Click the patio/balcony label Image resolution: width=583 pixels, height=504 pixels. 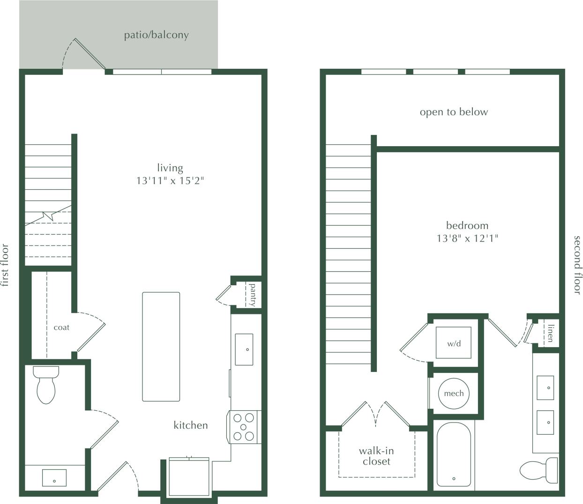[x=156, y=35]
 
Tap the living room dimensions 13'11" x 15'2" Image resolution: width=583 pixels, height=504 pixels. [x=170, y=181]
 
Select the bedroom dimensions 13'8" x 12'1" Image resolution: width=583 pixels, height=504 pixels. [x=467, y=238]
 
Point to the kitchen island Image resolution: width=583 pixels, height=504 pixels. [x=161, y=347]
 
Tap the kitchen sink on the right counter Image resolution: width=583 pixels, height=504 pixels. [x=244, y=349]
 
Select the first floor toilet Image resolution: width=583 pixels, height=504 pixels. [x=46, y=385]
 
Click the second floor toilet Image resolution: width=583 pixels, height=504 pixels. [x=540, y=470]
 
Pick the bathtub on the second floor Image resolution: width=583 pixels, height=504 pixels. [x=453, y=453]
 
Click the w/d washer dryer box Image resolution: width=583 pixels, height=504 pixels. [x=453, y=343]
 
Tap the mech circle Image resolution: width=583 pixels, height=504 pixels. [x=454, y=393]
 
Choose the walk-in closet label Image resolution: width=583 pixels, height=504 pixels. [x=376, y=456]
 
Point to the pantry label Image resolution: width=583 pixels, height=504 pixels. [x=253, y=295]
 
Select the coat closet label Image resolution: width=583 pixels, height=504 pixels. [x=61, y=327]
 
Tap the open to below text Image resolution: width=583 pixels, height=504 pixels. [x=454, y=112]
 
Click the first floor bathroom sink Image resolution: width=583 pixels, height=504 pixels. [x=54, y=478]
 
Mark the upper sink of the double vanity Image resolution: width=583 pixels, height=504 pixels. [x=545, y=387]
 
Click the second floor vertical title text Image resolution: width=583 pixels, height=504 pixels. [x=577, y=265]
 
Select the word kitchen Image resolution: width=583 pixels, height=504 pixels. [x=191, y=425]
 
